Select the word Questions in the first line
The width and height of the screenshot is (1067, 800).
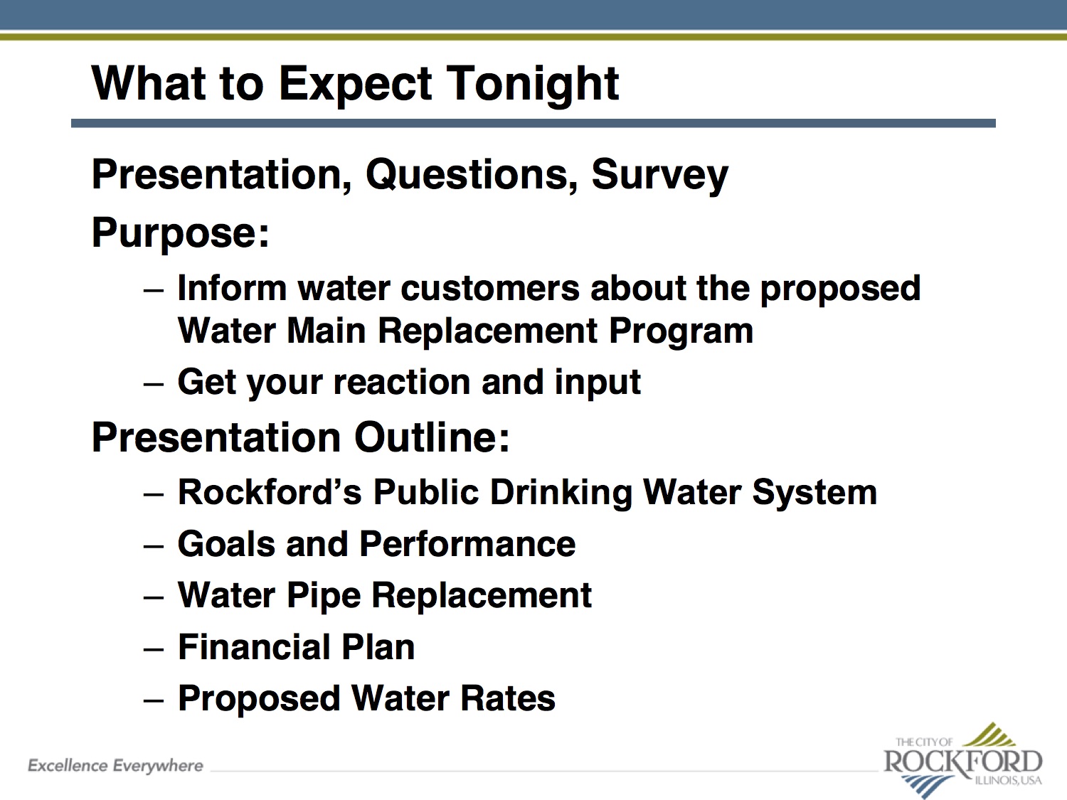click(x=471, y=176)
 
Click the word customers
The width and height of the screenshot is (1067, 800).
click(x=490, y=289)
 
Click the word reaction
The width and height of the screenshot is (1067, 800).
click(x=401, y=383)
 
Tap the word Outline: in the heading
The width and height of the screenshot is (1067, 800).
click(x=432, y=437)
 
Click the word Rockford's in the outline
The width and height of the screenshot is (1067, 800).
click(x=270, y=493)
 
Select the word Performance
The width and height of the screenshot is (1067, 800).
click(x=467, y=544)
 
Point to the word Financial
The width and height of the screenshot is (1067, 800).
click(x=254, y=647)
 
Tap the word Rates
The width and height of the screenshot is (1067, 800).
click(x=507, y=698)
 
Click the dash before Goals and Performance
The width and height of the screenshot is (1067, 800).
click(x=154, y=546)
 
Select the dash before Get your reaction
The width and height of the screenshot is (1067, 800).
click(x=154, y=384)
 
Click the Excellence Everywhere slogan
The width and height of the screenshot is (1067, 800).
click(x=116, y=766)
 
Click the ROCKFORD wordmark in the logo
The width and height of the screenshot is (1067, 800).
click(x=963, y=762)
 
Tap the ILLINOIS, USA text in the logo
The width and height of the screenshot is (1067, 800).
click(x=1008, y=781)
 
